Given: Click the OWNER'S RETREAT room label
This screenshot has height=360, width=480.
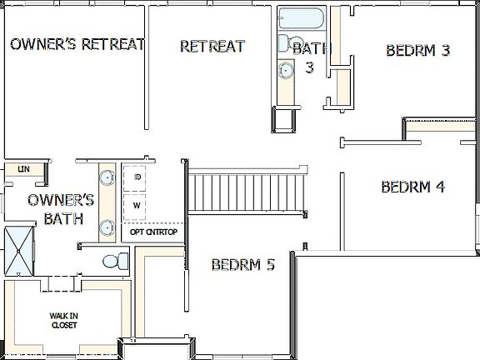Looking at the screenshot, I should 77,44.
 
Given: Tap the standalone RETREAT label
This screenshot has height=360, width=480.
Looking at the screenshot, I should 212,46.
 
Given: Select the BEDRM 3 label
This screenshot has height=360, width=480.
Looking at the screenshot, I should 418,50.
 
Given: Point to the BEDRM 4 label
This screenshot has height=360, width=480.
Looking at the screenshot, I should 412,187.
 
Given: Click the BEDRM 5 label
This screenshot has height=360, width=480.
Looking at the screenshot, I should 242,266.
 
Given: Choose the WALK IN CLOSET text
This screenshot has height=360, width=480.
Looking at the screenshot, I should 63,321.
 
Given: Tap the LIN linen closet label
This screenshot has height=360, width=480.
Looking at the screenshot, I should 23,170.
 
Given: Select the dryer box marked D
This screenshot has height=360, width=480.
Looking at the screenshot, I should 137,178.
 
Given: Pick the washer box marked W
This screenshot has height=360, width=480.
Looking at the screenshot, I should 137,204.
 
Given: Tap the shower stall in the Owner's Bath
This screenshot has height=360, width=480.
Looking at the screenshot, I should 17,250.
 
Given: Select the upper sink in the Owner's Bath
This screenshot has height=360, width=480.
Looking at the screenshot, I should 107,177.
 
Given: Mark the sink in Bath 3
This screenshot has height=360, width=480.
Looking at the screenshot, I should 286,70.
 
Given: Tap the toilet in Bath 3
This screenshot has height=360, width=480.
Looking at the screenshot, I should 284,118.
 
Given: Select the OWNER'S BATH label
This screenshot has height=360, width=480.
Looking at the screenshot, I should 60,209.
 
